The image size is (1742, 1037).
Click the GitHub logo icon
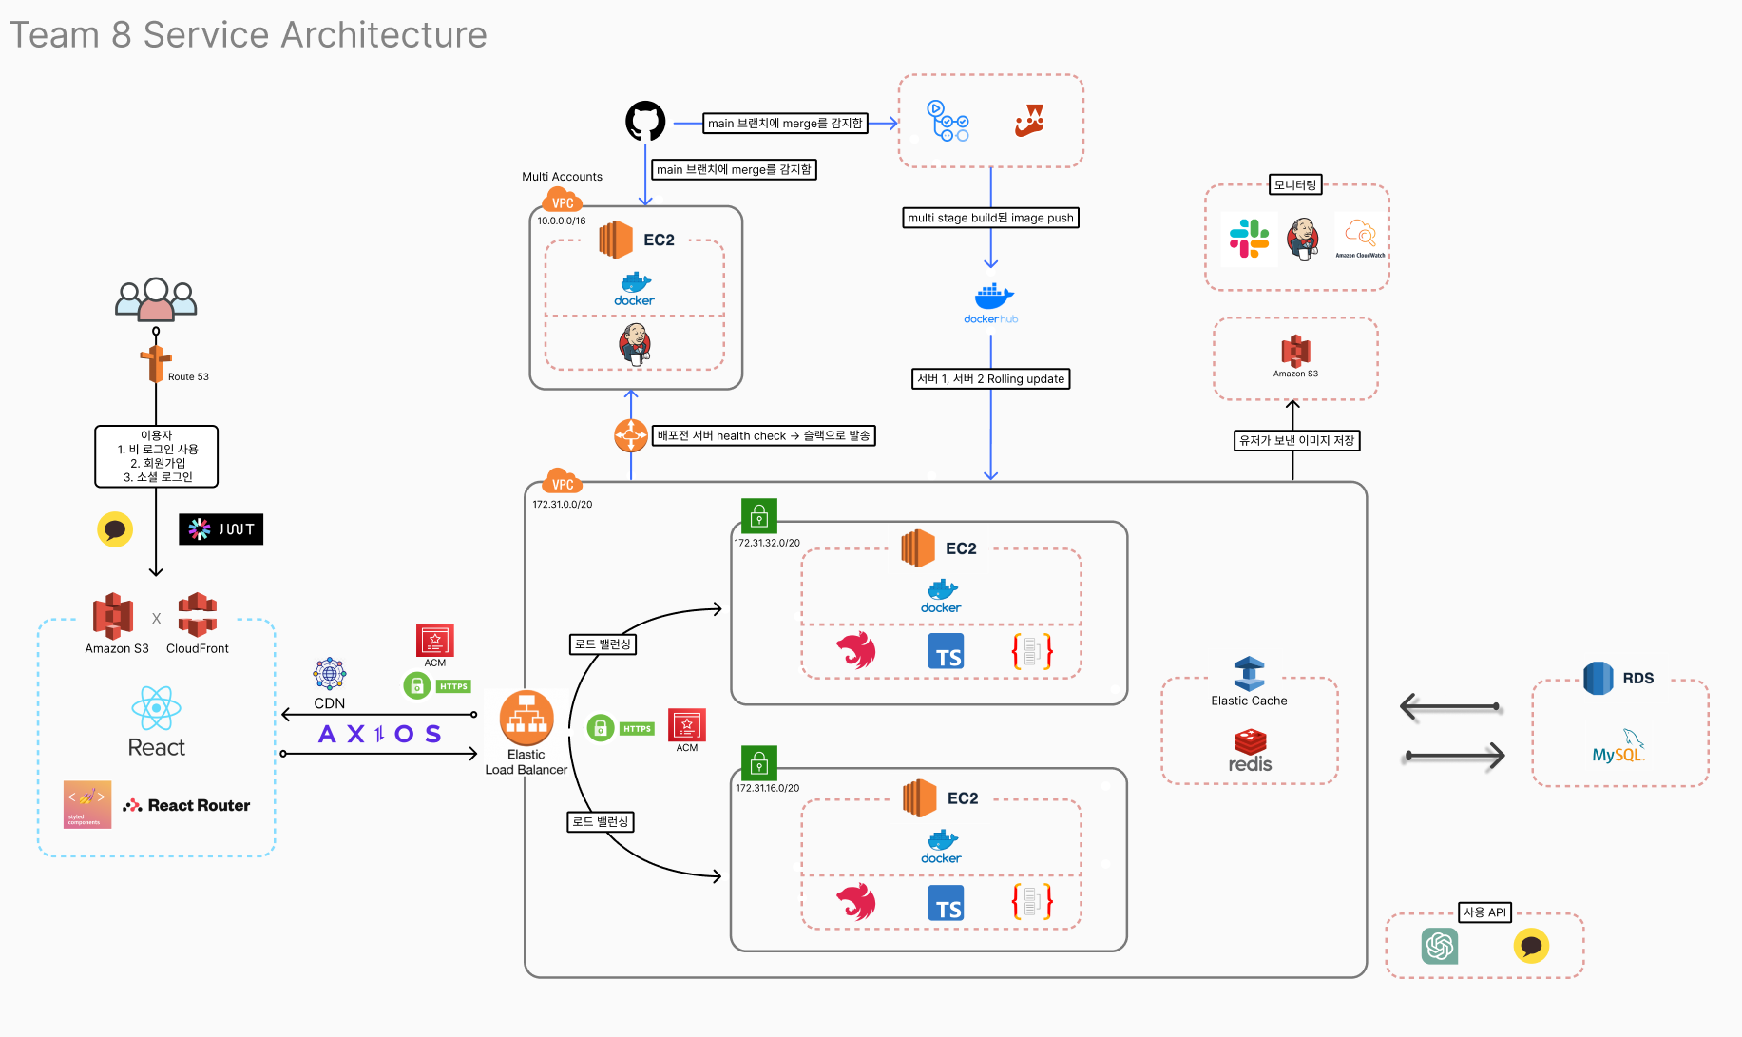pyautogui.click(x=645, y=122)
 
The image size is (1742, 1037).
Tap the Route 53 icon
pyautogui.click(x=156, y=364)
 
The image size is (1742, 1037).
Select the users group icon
pyautogui.click(x=156, y=299)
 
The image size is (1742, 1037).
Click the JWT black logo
pyautogui.click(x=220, y=529)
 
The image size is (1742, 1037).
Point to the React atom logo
pyautogui.click(x=156, y=708)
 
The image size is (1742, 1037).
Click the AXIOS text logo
pyautogui.click(x=379, y=734)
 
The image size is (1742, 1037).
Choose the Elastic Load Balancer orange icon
pyautogui.click(x=526, y=718)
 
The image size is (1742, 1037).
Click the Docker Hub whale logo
pyautogui.click(x=991, y=298)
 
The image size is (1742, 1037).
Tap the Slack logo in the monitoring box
pyautogui.click(x=1249, y=239)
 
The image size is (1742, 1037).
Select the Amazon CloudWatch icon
pyautogui.click(x=1360, y=234)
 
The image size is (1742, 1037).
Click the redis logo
pyautogui.click(x=1250, y=751)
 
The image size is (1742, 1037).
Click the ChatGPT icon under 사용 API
pyautogui.click(x=1440, y=946)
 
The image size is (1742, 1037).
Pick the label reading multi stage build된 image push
pyautogui.click(x=990, y=218)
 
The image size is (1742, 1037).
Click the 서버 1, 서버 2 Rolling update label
pyautogui.click(x=990, y=379)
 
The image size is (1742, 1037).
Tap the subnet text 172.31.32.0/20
pyautogui.click(x=767, y=543)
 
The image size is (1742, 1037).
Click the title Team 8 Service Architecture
pyautogui.click(x=248, y=35)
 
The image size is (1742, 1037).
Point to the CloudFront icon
pyautogui.click(x=198, y=615)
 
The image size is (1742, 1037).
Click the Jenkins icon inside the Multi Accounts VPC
pyautogui.click(x=635, y=344)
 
